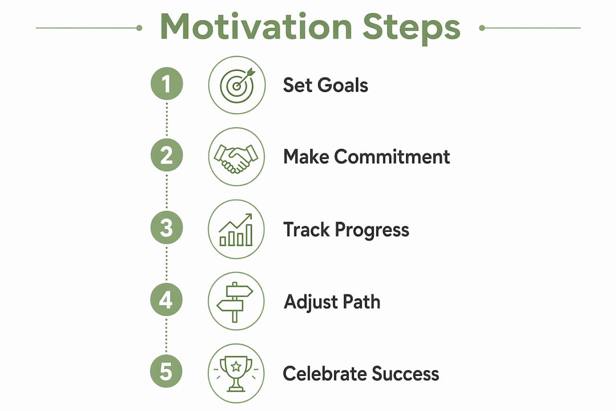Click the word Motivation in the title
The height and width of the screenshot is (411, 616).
pyautogui.click(x=256, y=27)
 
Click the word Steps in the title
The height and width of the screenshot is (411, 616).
pyautogui.click(x=411, y=29)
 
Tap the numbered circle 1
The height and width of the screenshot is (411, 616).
pyautogui.click(x=167, y=84)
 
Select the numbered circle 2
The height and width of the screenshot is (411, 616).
pyautogui.click(x=167, y=155)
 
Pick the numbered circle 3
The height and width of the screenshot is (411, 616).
pyautogui.click(x=167, y=228)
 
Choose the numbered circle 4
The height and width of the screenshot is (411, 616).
pyautogui.click(x=166, y=300)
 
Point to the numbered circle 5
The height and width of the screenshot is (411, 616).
pyautogui.click(x=166, y=372)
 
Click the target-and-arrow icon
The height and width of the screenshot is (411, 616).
pyautogui.click(x=237, y=86)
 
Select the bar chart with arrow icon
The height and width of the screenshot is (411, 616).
pyautogui.click(x=236, y=229)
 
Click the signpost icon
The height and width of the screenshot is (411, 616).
pyautogui.click(x=235, y=301)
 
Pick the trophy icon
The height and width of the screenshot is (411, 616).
pyautogui.click(x=236, y=374)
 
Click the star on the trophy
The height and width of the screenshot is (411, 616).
pyautogui.click(x=236, y=366)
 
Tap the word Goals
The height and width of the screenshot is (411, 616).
pyautogui.click(x=343, y=85)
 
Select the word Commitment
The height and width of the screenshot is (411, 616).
pyautogui.click(x=392, y=156)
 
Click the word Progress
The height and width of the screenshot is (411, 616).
pyautogui.click(x=372, y=231)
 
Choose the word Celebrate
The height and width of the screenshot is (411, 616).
pyautogui.click(x=325, y=374)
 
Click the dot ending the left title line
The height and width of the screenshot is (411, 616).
pyautogui.click(x=139, y=28)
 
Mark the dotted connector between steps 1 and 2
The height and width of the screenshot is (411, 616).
pyautogui.click(x=167, y=119)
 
